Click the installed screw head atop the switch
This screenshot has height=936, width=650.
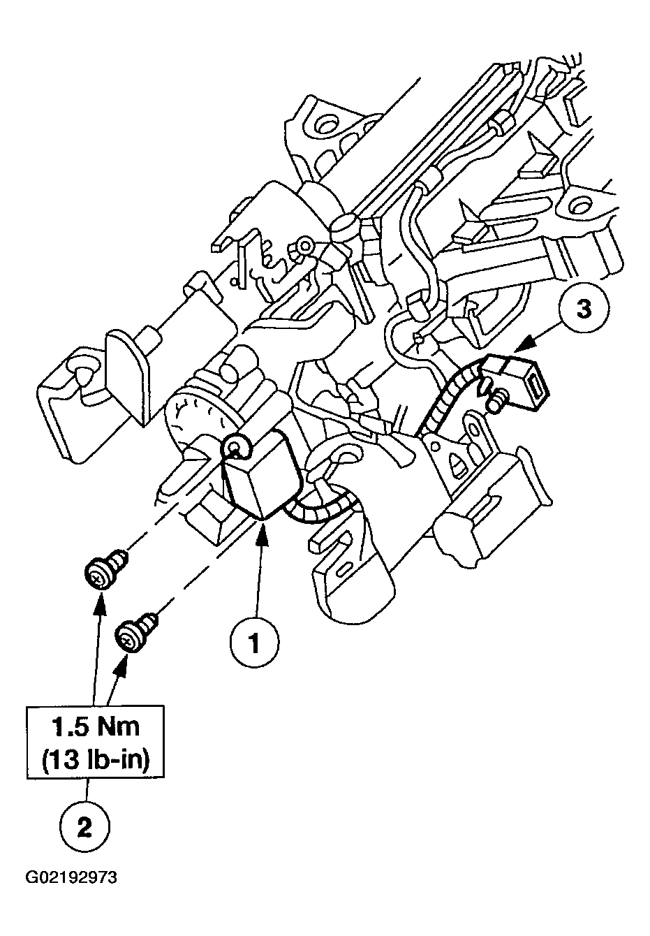click(x=235, y=448)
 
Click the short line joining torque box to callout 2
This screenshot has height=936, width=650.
click(x=87, y=790)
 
